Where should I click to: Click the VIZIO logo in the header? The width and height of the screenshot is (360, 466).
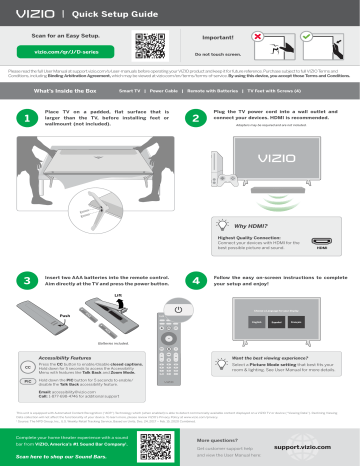pyautogui.click(x=29, y=13)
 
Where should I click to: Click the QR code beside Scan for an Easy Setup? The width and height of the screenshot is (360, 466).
pyautogui.click(x=146, y=43)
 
